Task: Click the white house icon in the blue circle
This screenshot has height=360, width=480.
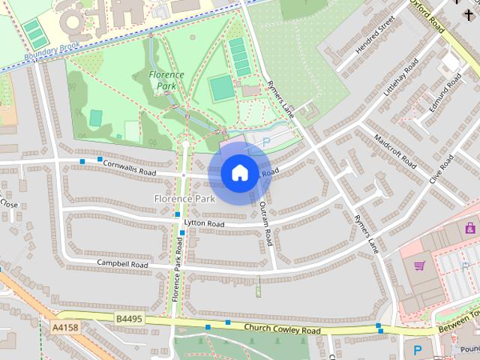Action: [239, 172]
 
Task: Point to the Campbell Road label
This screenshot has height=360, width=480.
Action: [122, 264]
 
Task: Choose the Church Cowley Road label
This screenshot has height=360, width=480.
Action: [282, 330]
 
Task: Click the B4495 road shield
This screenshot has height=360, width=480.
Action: [129, 319]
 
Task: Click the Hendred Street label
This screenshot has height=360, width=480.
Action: [374, 36]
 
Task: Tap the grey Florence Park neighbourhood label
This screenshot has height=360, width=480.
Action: [184, 199]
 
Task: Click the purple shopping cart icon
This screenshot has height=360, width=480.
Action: [419, 265]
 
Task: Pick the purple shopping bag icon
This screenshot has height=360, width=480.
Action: [471, 227]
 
